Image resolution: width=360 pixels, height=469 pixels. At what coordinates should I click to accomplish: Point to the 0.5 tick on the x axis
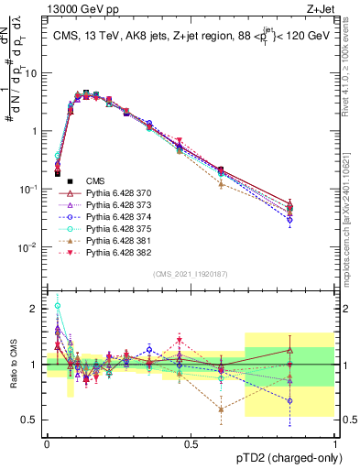click(x=191, y=443)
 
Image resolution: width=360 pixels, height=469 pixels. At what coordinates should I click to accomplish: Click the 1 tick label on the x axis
click(x=334, y=443)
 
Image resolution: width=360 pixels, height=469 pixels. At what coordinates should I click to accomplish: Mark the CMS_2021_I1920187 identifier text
click(x=190, y=273)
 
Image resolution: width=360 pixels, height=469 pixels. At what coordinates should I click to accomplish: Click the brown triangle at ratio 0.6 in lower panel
click(x=221, y=409)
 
